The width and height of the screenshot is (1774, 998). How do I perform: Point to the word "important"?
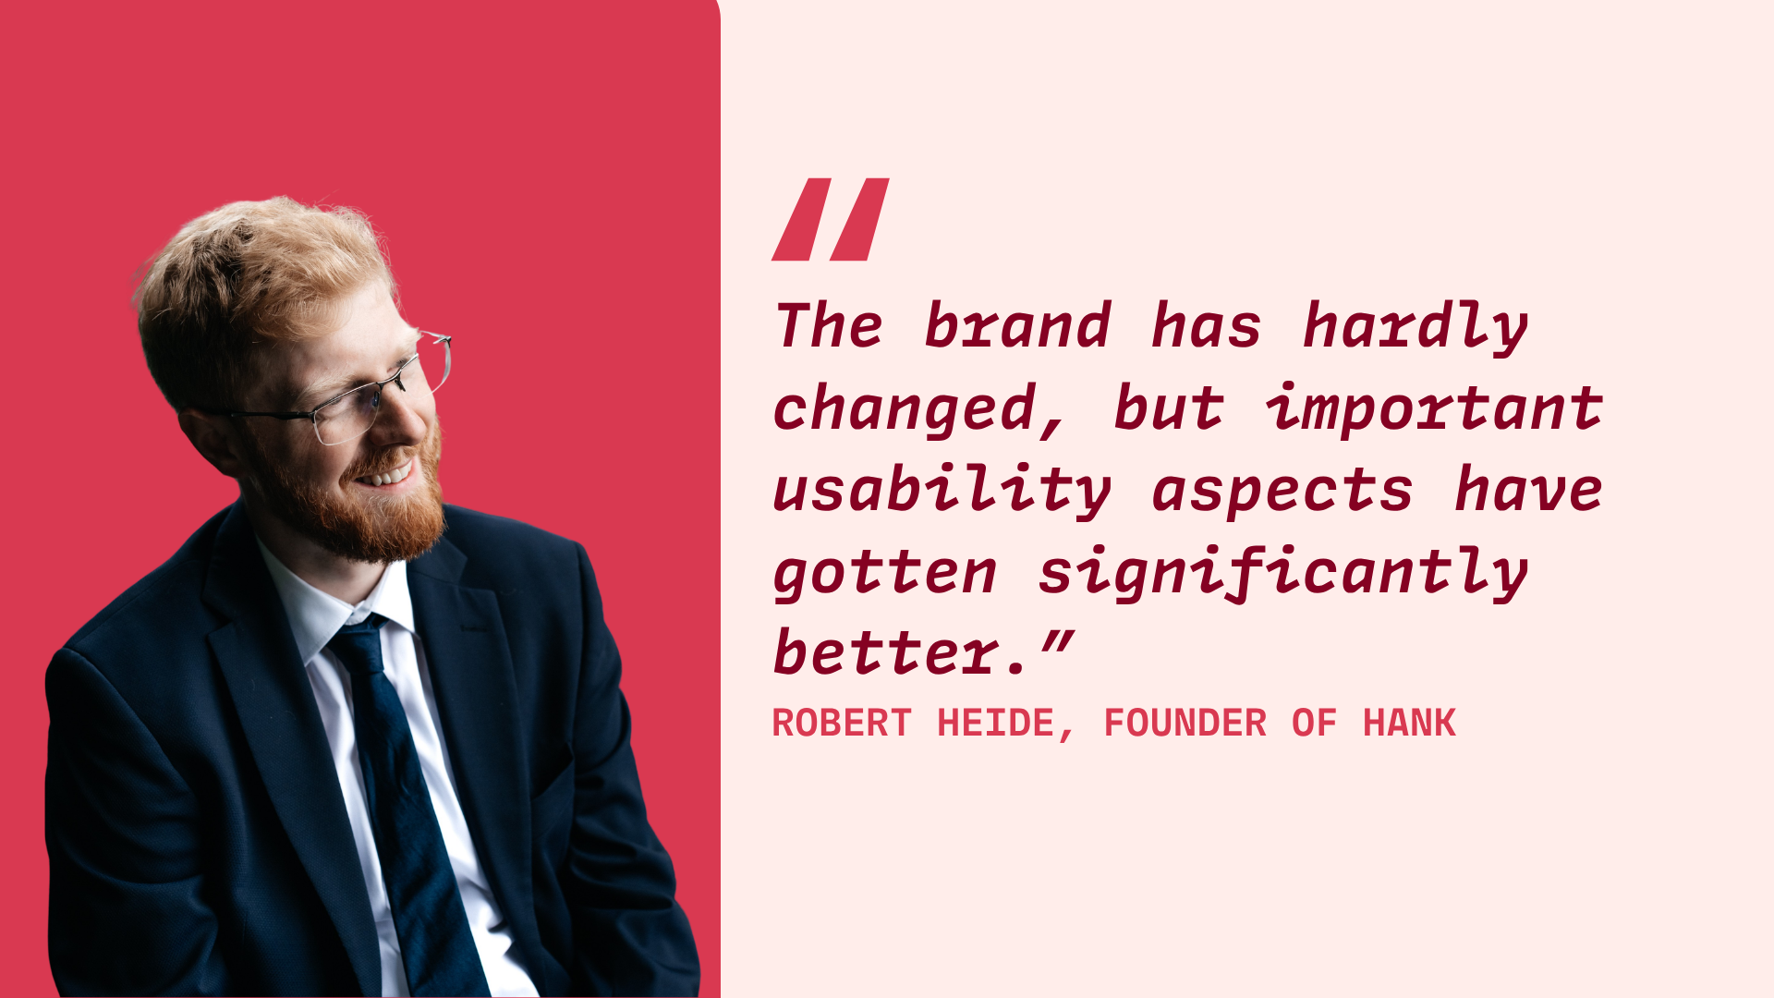(x=1434, y=408)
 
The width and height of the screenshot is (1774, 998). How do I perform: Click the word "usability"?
(x=942, y=490)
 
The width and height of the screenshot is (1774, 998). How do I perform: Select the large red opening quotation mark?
(x=831, y=219)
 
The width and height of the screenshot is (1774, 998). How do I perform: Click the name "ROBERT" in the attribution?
(x=842, y=723)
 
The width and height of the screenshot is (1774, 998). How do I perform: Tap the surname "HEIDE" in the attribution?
(x=996, y=723)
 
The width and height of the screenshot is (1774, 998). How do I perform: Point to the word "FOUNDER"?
(x=1185, y=723)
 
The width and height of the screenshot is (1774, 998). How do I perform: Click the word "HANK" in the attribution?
(x=1409, y=723)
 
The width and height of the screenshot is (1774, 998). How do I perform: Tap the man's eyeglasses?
(x=342, y=393)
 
